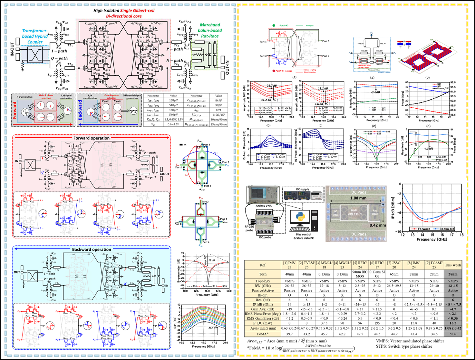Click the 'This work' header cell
[x=453, y=265]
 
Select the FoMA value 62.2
[x=342, y=334]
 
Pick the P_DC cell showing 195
[x=377, y=323]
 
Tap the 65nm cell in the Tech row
[x=394, y=274]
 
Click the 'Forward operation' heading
[x=91, y=138]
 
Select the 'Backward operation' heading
[x=91, y=249]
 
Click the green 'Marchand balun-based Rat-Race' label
[x=210, y=30]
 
